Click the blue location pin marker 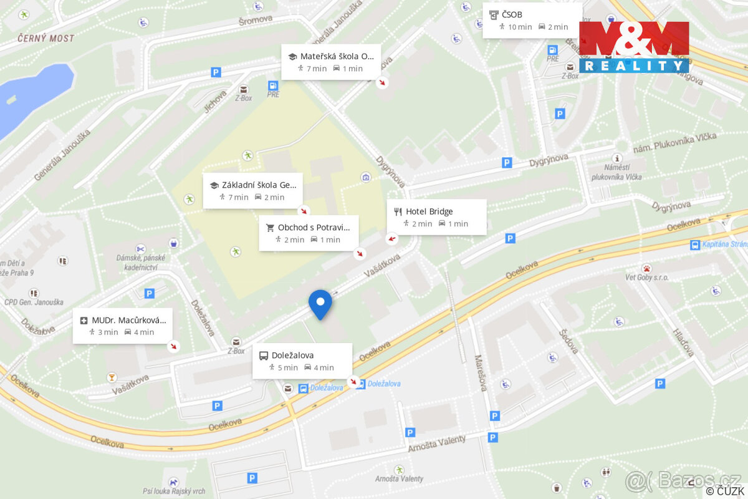tap(320, 303)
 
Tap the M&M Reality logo tap(634, 47)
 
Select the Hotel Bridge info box tap(436, 217)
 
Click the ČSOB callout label tap(532, 20)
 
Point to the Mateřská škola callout tap(330, 62)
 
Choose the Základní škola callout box tap(252, 191)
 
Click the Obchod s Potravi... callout tap(309, 233)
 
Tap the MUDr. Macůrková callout tap(122, 326)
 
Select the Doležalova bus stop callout tap(302, 361)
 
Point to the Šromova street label tap(256, 20)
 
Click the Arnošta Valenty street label tap(436, 443)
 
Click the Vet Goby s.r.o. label tap(647, 277)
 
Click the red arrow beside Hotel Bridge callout tap(392, 238)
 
